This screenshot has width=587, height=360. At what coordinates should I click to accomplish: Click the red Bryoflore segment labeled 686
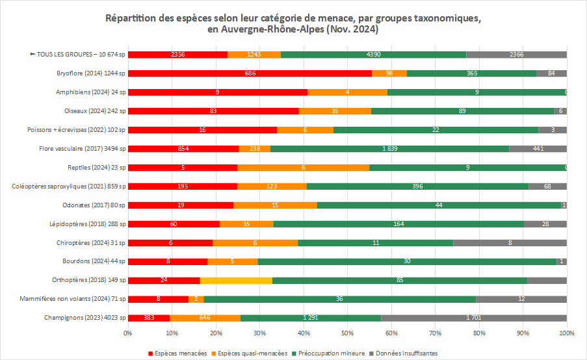point(250,73)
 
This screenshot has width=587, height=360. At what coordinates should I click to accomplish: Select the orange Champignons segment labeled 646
point(205,318)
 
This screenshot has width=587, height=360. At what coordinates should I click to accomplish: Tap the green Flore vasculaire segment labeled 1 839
point(389,149)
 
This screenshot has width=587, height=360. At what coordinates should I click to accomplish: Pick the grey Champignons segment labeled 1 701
point(474,318)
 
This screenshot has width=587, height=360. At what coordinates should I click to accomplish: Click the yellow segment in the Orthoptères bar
point(236,280)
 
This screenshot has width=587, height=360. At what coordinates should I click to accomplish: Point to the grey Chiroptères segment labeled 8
point(510,242)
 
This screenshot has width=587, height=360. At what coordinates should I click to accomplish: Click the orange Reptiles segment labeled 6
point(303,168)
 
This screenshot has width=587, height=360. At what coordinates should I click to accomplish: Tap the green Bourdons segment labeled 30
point(407,261)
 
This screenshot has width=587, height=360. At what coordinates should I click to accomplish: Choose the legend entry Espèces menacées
point(177,354)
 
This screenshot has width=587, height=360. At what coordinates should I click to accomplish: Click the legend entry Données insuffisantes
point(404,354)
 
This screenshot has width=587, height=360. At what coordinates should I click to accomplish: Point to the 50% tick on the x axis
point(347,333)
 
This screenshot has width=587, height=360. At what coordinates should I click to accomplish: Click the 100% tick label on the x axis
point(566,333)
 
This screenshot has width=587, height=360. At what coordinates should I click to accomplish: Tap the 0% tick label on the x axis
point(127,333)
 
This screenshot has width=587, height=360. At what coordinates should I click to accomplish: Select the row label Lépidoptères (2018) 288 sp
point(87,224)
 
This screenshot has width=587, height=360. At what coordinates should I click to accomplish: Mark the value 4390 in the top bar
point(373,55)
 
